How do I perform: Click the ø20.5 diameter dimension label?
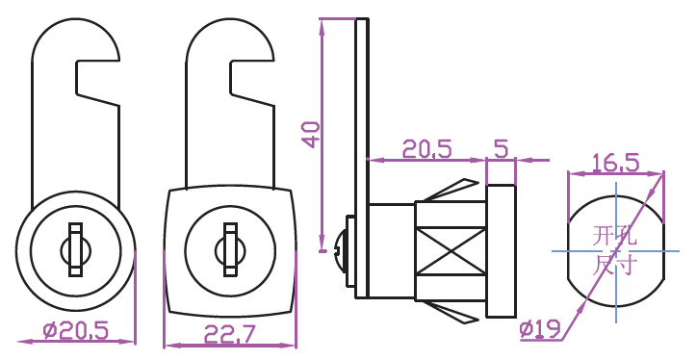(x=76, y=331)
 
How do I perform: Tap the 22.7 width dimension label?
(x=230, y=334)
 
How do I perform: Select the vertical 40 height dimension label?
(x=311, y=135)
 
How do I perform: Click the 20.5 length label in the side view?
(x=427, y=148)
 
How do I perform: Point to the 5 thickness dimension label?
(x=502, y=148)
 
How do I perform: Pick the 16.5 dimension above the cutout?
(x=616, y=163)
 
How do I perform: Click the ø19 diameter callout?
(x=540, y=330)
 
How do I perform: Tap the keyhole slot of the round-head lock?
(x=75, y=250)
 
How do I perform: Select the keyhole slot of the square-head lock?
(x=230, y=250)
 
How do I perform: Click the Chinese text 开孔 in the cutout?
(x=615, y=236)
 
